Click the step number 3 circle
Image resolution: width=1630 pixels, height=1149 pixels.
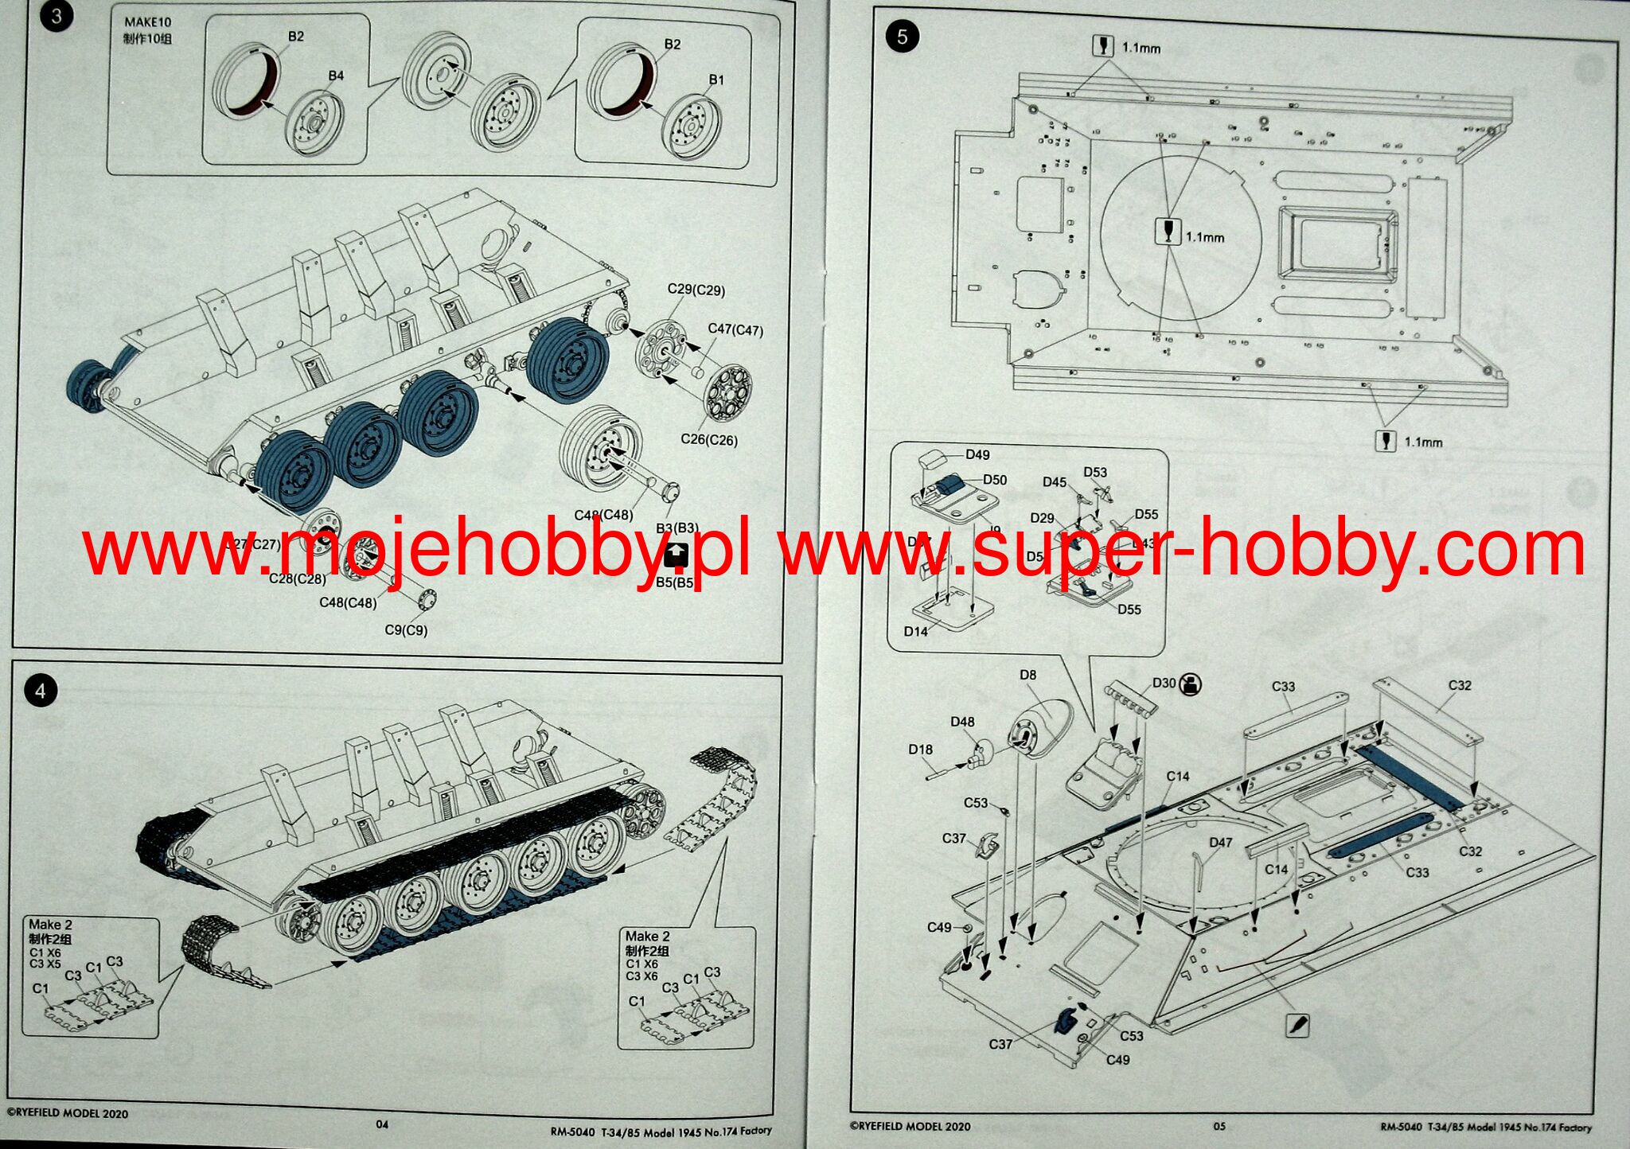point(56,16)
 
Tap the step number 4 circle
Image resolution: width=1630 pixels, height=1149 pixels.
point(41,690)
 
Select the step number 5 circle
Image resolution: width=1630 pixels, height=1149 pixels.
point(901,37)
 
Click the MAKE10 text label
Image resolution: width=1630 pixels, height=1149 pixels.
point(147,22)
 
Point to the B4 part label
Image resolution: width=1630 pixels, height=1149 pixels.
point(336,76)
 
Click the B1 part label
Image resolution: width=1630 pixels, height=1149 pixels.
point(716,80)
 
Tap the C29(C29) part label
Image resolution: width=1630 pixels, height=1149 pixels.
point(696,290)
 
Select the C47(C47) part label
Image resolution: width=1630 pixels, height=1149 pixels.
point(735,329)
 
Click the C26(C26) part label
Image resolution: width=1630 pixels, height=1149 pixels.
point(708,439)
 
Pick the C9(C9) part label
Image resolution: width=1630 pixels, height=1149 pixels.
point(406,629)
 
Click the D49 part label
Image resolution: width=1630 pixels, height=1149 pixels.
point(977,454)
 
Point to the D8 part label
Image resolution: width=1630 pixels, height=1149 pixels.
point(1028,675)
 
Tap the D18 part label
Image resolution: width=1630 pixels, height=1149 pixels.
point(920,749)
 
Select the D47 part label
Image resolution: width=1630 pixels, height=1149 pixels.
point(1220,842)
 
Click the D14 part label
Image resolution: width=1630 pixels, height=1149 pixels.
point(915,631)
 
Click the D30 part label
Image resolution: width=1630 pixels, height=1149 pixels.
point(1164,683)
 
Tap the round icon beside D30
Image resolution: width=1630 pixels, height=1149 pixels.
point(1191,684)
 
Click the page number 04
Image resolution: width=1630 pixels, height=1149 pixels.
point(382,1124)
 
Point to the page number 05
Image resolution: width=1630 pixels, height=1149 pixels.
point(1219,1126)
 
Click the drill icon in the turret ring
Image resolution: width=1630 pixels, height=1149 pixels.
point(1167,232)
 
